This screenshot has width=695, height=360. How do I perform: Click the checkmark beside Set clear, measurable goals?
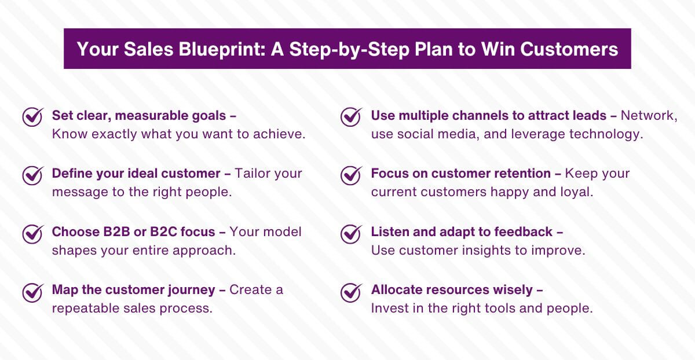pos(32,117)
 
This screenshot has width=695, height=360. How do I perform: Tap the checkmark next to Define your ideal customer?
pos(32,175)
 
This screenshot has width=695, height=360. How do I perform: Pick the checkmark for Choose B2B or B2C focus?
pos(32,233)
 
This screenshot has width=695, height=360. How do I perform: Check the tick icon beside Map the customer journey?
pos(32,292)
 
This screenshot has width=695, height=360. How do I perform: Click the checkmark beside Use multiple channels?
pos(351,117)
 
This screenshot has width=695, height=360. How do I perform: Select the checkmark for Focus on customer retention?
pos(351,175)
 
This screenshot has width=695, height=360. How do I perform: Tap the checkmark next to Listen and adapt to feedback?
pos(351,233)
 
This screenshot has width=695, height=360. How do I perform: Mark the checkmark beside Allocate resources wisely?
pos(351,292)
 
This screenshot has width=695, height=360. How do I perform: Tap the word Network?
pos(649,115)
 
